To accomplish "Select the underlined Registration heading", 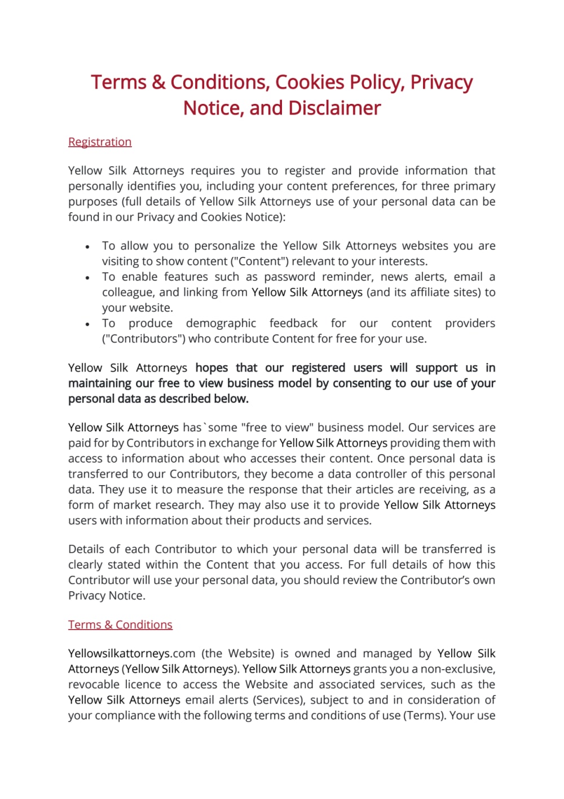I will [100, 142].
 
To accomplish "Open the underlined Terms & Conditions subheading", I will [120, 625].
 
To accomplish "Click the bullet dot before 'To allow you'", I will [87, 247].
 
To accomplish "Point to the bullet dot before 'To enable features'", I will [87, 278].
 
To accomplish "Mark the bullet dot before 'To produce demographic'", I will [87, 324].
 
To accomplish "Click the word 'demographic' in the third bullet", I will [221, 323].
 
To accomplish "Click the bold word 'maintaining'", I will [100, 383].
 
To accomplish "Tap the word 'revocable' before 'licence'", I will [94, 684].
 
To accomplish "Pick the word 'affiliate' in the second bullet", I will [431, 292].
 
